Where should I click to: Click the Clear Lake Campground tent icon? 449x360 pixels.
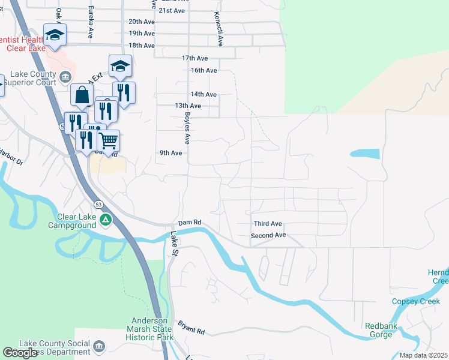coord(106,220)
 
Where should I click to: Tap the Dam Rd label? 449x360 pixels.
coord(189,223)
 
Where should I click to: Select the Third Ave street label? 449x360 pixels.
coord(268,223)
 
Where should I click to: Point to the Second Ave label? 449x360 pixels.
coord(268,235)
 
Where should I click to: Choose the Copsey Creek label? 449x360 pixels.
coord(416,301)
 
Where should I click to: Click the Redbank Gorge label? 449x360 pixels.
coord(379,331)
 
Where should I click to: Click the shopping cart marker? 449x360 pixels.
coord(108,141)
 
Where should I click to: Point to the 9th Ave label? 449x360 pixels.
coord(170,153)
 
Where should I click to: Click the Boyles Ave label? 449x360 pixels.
coord(187,128)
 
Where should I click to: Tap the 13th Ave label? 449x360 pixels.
coord(188,106)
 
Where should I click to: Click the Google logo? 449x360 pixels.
coord(20,353)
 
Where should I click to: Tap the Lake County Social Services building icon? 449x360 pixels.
coord(98,346)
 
